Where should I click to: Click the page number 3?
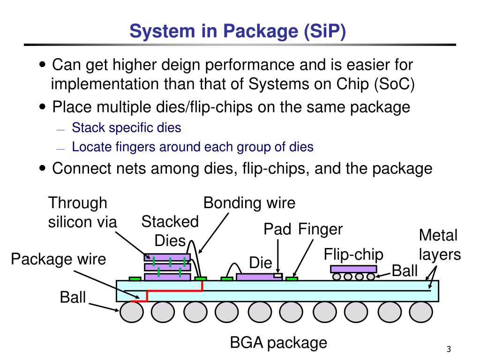pos(449,349)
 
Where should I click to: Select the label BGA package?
pos(278,343)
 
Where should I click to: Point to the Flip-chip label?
pos(353,255)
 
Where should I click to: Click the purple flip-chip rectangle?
pos(353,269)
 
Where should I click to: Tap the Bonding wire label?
pos(249,203)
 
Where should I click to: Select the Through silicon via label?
pos(82,212)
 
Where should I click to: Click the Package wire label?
pos(59,259)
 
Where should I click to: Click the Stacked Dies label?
pos(170,231)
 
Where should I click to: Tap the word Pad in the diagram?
pos(277,230)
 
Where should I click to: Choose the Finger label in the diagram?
pos(321,230)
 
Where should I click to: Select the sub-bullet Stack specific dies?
pos(126,127)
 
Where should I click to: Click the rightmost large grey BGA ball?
pos(421,312)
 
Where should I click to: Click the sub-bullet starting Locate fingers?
pos(192,147)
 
